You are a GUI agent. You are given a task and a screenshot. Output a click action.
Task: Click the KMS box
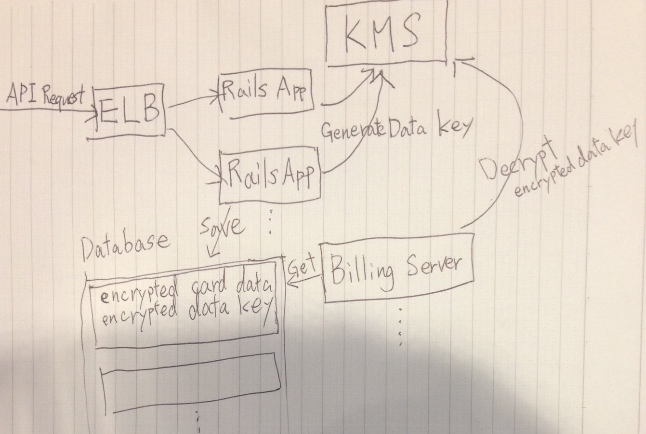(x=386, y=32)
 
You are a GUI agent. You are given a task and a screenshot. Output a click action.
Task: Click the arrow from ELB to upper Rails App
(x=193, y=99)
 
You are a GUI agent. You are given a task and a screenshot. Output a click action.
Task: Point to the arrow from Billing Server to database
(x=303, y=280)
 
